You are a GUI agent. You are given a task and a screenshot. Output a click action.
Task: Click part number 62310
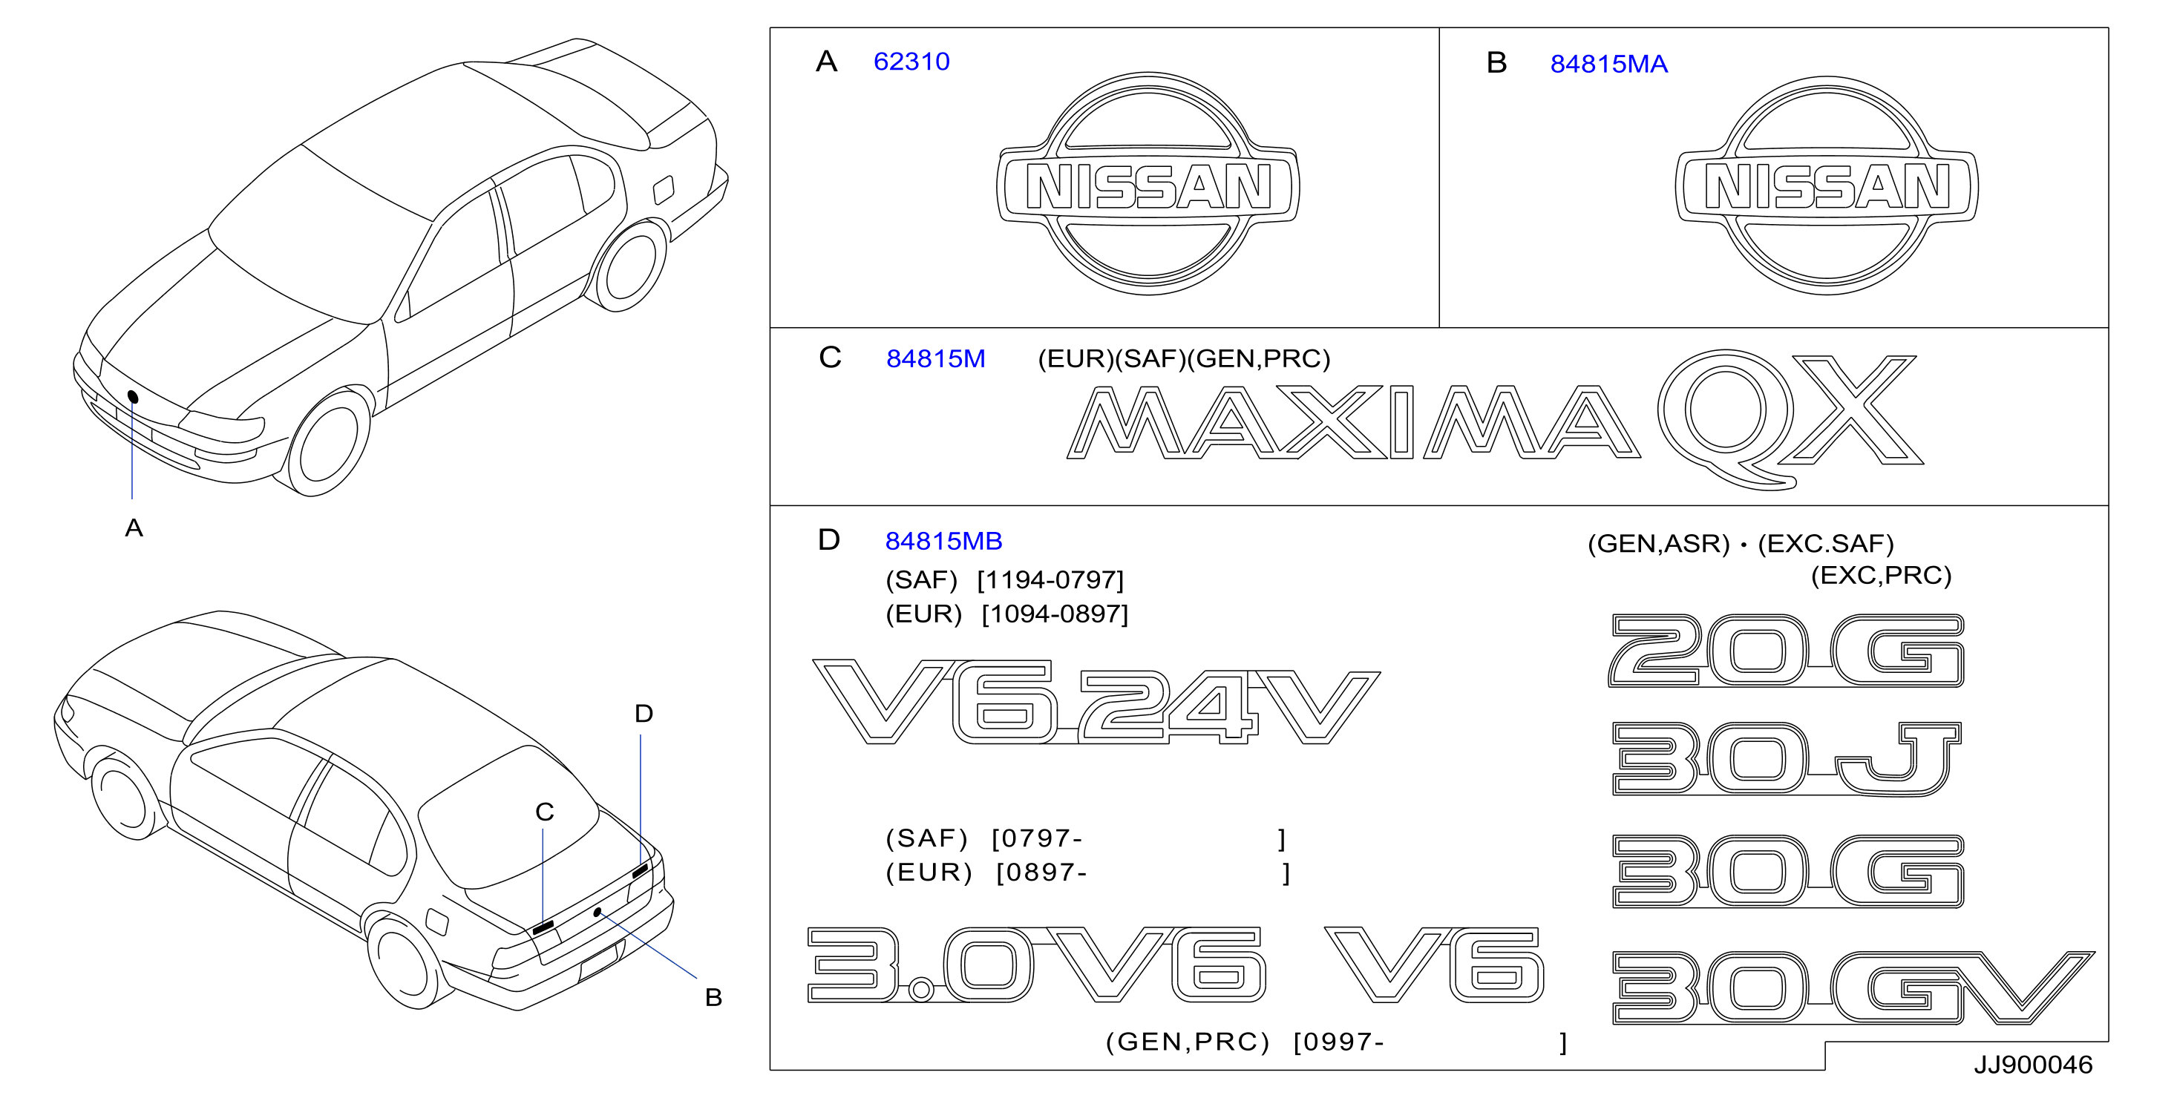point(911,62)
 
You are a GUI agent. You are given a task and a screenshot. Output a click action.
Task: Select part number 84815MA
point(1608,65)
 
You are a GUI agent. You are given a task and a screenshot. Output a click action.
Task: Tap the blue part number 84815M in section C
point(935,359)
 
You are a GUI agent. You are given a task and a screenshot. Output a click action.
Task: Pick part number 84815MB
point(943,541)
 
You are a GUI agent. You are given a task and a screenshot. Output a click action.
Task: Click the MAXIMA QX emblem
point(1494,420)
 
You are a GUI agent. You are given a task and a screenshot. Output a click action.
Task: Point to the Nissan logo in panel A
point(1148,184)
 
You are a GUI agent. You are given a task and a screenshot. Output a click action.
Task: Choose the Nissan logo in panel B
point(1826,186)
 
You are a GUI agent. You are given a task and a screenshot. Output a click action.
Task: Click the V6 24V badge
point(1096,701)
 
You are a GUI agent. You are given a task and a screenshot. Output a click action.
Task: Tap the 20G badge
point(1786,651)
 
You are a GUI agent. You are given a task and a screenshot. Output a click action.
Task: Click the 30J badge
point(1786,759)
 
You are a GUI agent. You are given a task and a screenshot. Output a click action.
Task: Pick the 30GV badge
point(1853,987)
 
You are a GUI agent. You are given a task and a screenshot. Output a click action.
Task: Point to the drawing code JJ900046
point(2032,1065)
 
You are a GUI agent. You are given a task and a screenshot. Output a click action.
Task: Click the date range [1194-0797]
point(1050,580)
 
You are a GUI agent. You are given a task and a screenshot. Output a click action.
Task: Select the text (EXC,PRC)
point(1881,576)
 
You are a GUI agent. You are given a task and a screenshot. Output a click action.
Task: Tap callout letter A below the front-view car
point(134,528)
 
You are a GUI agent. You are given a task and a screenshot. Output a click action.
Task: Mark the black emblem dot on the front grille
point(133,396)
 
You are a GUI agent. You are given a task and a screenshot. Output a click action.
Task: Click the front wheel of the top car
point(328,444)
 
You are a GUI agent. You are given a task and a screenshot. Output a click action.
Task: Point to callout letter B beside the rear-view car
point(713,998)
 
